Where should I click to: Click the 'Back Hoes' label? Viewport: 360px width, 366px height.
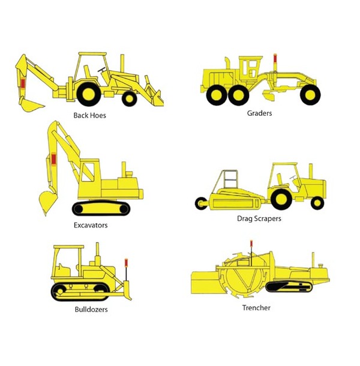point(89,115)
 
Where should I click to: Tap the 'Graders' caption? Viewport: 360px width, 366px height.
point(259,113)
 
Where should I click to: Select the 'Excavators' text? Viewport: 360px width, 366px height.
point(91,225)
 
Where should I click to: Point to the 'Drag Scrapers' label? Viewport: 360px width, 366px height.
point(259,219)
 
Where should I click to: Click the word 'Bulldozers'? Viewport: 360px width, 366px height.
point(91,310)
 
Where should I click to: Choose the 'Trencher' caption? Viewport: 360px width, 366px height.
point(256,308)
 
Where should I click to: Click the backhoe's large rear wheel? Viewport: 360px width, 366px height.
point(89,94)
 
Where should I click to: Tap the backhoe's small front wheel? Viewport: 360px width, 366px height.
point(130,99)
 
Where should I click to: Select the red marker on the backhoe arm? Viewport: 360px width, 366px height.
point(23,83)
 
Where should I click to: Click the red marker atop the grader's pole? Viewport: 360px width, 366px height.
point(275,58)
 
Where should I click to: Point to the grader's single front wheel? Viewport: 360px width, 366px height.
point(310,95)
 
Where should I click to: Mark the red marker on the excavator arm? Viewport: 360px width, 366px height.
point(53,159)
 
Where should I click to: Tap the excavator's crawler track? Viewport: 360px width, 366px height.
point(101,208)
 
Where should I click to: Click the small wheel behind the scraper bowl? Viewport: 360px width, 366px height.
point(201,203)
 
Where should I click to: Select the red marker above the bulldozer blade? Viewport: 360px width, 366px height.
point(126,263)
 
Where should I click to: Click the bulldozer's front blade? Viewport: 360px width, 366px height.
point(127,290)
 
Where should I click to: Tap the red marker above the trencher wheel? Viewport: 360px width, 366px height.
point(251,244)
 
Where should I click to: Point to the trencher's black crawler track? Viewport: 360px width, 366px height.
point(289,287)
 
